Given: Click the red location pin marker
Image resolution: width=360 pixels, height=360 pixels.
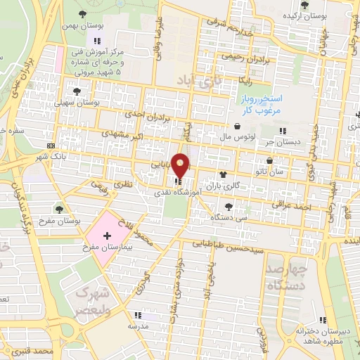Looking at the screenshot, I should [181, 165].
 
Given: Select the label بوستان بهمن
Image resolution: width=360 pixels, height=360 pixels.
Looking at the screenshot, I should [87, 26].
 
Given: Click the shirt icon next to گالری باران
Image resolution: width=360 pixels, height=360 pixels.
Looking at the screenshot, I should [223, 175].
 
